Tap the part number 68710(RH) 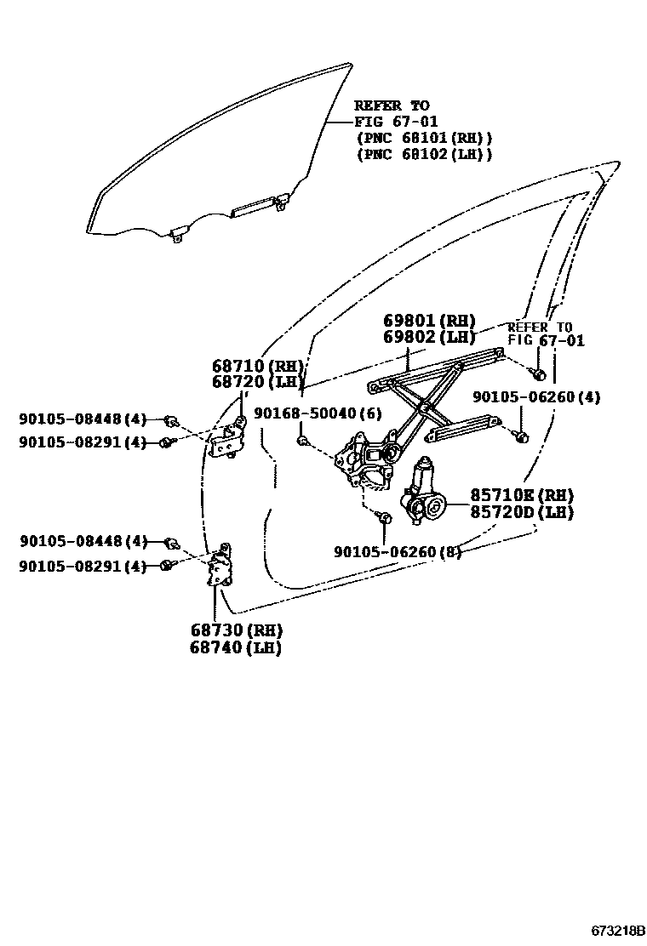tap(258, 366)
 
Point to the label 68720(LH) tap(258, 382)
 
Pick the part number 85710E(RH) tap(521, 496)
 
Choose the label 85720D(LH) tap(521, 512)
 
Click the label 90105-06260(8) tap(398, 552)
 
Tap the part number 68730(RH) tap(236, 631)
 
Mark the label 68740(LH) tap(236, 647)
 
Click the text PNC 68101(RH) tap(424, 138)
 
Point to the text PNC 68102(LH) tap(424, 154)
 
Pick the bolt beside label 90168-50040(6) tap(302, 440)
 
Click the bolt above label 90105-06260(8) tap(385, 517)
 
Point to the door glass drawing tap(213, 162)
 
